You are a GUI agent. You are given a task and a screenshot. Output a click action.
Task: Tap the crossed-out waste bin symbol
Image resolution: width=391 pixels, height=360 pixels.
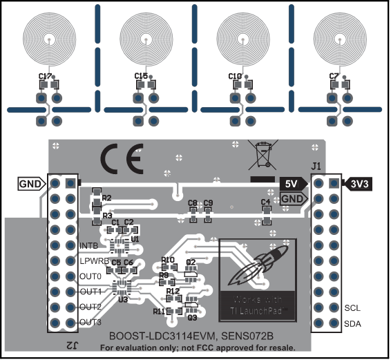tap(264, 155)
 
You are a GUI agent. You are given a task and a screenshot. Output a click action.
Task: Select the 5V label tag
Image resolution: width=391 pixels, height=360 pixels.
tap(289, 183)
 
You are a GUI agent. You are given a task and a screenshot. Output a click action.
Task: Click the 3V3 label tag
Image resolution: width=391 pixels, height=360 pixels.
tap(361, 183)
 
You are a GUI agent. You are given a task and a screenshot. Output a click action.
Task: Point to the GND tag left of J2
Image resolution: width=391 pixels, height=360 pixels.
tap(32, 184)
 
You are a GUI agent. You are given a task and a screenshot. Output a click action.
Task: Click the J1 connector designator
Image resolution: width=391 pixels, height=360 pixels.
tap(316, 167)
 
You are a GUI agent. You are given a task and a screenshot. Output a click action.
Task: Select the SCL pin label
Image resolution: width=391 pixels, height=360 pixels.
tap(352, 308)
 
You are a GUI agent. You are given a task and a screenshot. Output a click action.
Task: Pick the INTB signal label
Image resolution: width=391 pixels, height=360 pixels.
tap(88, 245)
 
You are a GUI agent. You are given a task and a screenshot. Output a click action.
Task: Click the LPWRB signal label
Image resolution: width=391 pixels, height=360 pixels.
tap(93, 261)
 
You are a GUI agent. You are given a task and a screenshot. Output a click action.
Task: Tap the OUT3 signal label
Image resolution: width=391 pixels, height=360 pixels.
tap(90, 323)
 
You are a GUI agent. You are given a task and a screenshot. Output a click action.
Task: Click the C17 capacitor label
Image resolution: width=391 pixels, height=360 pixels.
tap(46, 76)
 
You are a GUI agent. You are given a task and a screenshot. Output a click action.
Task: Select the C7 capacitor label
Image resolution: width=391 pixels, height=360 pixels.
tap(334, 76)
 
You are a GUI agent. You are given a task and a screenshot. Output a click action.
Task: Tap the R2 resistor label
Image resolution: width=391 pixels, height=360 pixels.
tap(106, 198)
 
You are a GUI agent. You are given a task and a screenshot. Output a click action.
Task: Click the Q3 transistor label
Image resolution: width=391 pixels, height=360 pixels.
tap(192, 317)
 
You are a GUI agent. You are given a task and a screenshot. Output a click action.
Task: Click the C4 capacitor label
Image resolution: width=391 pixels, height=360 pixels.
tap(265, 202)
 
